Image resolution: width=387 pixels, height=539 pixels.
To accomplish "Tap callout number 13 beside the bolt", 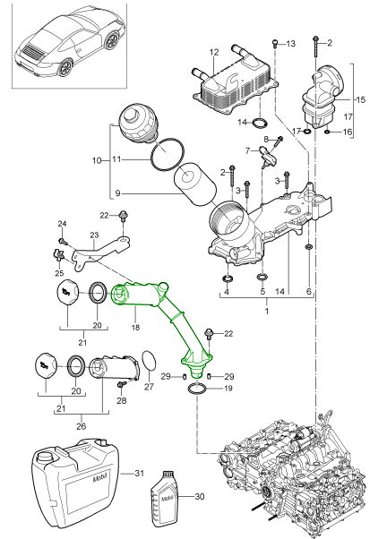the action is click(x=290, y=44).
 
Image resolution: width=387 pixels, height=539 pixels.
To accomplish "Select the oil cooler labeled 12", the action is click(x=236, y=83).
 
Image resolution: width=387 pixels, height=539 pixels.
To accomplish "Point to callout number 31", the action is click(x=139, y=474).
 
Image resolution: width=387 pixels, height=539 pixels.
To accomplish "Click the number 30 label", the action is click(x=200, y=496).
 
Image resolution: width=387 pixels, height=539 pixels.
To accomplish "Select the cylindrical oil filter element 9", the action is click(x=195, y=185).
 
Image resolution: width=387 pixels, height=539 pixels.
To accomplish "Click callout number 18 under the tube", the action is click(x=135, y=327).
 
